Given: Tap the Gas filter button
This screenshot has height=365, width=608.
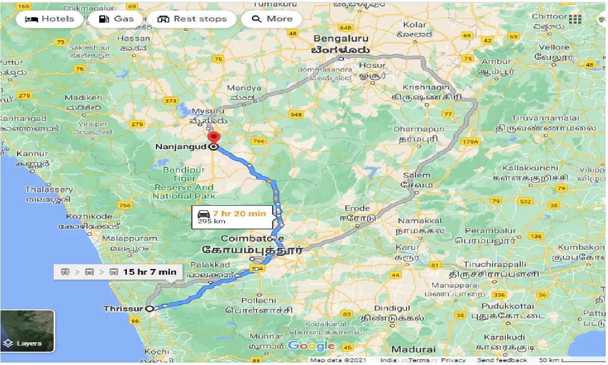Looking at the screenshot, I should coord(116,19).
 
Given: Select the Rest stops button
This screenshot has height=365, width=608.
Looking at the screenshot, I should coord(192,19).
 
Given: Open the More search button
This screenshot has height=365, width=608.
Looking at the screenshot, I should coord(272,19).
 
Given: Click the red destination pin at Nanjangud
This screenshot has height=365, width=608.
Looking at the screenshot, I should coord(214,138).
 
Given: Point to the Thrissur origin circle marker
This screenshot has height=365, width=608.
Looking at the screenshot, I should coord(150,308).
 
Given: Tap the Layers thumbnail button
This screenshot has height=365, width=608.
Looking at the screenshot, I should coord(28,331).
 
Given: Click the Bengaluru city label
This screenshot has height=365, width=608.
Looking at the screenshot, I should coord(341,38).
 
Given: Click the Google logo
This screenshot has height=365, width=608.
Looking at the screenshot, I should coord(311,346).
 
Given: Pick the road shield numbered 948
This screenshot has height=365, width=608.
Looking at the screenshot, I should coord(296,115).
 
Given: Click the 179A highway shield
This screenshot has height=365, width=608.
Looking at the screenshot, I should coord(470,142).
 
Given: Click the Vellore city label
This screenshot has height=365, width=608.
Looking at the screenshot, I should coord(554,48).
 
